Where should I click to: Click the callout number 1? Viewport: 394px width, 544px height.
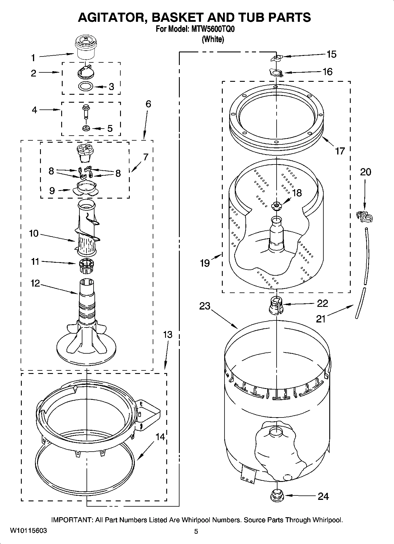tap(33, 58)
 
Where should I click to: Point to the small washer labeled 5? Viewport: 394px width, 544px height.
tap(86, 128)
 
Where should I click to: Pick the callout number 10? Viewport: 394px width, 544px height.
tap(34, 234)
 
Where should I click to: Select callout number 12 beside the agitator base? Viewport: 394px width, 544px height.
tap(35, 283)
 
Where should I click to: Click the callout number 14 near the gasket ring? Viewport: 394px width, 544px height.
tap(160, 437)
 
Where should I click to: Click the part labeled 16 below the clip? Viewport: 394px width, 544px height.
tap(276, 72)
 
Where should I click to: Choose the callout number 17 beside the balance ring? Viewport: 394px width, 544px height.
tap(340, 151)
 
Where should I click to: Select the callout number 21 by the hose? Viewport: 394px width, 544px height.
tap(321, 319)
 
